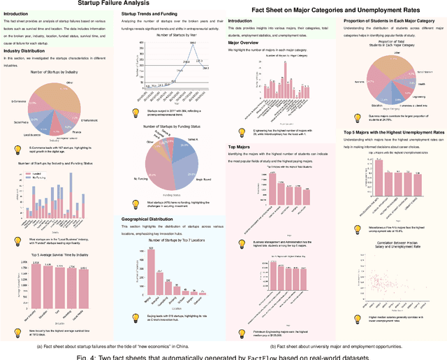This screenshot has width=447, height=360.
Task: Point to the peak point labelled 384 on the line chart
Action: (172, 43)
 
